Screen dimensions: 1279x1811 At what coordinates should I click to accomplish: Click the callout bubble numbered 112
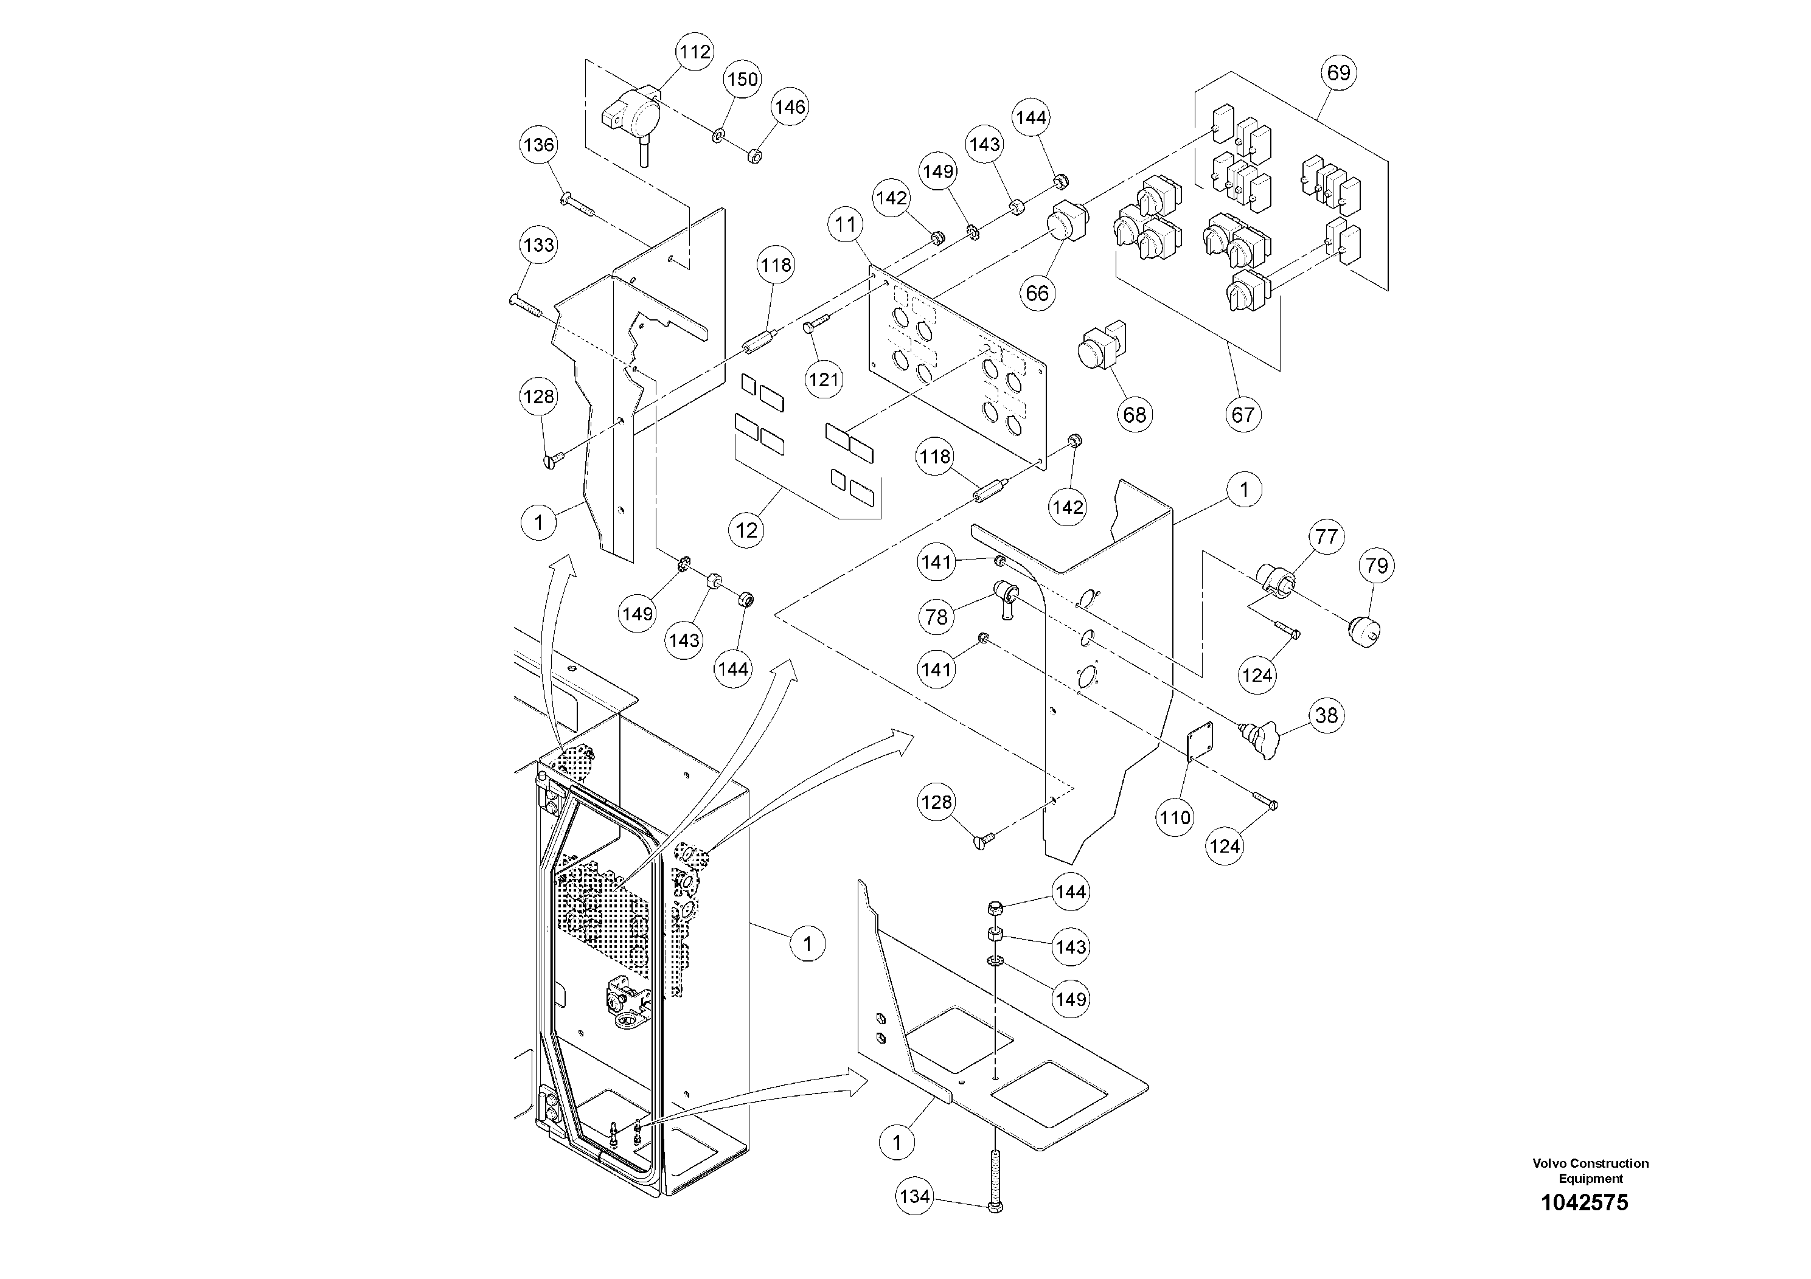694,52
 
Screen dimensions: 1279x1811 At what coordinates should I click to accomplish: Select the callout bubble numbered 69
1338,72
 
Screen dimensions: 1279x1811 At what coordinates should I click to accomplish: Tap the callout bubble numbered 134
915,1196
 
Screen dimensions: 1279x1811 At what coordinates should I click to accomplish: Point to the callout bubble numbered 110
1175,818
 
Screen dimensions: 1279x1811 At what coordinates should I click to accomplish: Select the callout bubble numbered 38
1327,715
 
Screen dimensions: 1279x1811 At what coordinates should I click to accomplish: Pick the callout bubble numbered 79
1377,566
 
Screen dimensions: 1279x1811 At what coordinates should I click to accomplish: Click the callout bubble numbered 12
746,531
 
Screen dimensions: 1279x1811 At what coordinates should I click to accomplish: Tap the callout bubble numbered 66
1037,293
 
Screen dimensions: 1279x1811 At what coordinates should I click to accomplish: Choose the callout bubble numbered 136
539,145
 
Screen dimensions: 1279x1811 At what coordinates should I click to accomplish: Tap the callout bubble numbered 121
824,380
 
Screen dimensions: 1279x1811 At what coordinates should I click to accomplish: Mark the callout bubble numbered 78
936,617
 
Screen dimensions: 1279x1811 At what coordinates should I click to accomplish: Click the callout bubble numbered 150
742,79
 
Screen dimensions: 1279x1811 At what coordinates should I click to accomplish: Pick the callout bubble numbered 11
846,225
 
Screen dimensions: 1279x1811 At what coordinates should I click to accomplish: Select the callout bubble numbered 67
1242,414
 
